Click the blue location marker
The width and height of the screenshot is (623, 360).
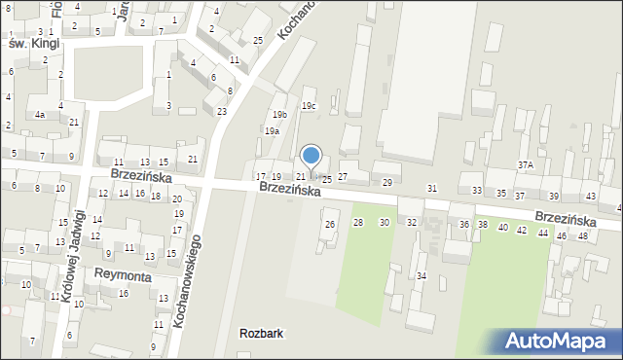(x=311, y=155)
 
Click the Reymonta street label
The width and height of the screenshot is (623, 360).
(x=122, y=275)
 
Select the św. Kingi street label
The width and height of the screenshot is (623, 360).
(x=33, y=45)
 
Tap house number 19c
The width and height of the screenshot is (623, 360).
(x=309, y=106)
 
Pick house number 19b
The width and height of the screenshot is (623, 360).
(x=279, y=115)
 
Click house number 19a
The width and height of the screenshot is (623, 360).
(x=272, y=130)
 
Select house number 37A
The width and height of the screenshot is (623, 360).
(x=526, y=165)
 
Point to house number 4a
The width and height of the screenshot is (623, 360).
(x=40, y=115)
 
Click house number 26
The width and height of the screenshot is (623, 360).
(x=330, y=225)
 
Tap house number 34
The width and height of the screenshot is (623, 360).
(x=421, y=276)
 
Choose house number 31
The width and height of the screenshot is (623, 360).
(x=432, y=188)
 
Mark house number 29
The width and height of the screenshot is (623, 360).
(x=386, y=183)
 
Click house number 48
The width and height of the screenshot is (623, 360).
(x=583, y=236)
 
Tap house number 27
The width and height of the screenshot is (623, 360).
(x=342, y=176)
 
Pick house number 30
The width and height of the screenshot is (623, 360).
(x=385, y=223)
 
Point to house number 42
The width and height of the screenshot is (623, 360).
(x=522, y=231)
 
